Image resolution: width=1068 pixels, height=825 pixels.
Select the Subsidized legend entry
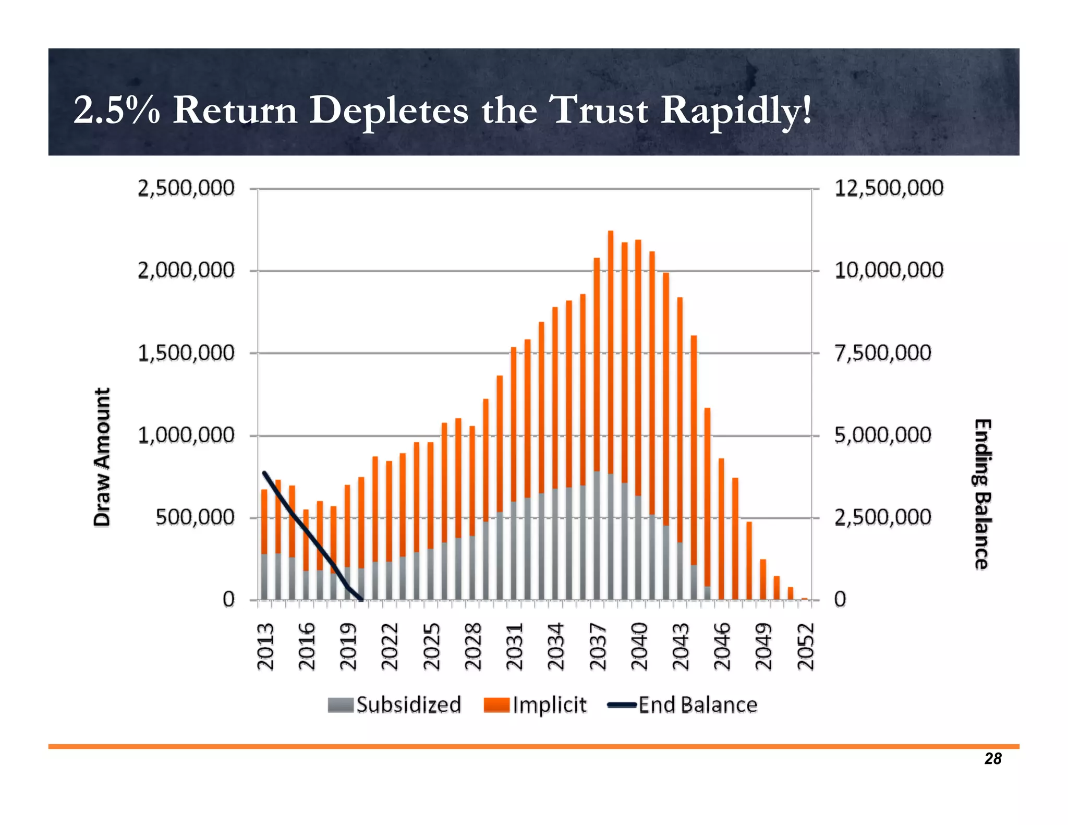[395, 705]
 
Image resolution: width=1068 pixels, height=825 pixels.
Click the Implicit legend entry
[536, 705]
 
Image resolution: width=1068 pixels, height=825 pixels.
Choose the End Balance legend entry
[683, 705]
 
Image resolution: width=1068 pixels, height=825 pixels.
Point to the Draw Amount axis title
[102, 457]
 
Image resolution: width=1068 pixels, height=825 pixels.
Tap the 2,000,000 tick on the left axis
[186, 271]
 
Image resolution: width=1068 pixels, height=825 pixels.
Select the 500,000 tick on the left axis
[195, 518]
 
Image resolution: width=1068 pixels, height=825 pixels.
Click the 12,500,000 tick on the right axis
[889, 188]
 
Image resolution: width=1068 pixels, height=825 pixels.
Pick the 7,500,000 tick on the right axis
[883, 353]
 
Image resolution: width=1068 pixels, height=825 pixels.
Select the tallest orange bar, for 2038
[611, 349]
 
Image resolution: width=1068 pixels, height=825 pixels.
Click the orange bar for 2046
[721, 527]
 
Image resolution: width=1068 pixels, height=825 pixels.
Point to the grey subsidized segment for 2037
[597, 535]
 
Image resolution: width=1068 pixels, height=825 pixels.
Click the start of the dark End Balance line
[264, 472]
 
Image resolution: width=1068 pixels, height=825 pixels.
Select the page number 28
[993, 759]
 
